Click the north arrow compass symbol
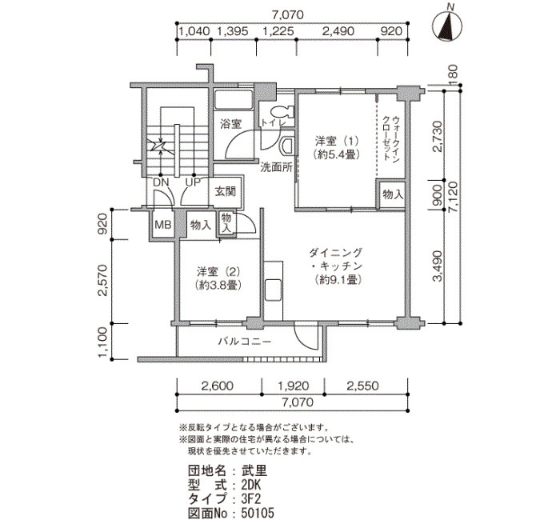[x=447, y=26]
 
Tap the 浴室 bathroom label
[x=230, y=124]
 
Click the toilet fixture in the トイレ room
[x=282, y=112]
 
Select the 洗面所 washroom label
[x=276, y=167]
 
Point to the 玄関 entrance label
[x=226, y=191]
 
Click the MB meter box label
[x=163, y=225]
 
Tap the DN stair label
[x=161, y=182]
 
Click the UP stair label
[x=193, y=182]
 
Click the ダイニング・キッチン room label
[x=336, y=266]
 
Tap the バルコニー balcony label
[x=245, y=342]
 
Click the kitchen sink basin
[x=274, y=290]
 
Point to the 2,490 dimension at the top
[x=338, y=31]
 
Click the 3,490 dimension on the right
[x=438, y=266]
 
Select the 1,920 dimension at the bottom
[x=293, y=386]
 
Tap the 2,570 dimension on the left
[x=103, y=281]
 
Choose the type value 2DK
[x=251, y=485]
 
